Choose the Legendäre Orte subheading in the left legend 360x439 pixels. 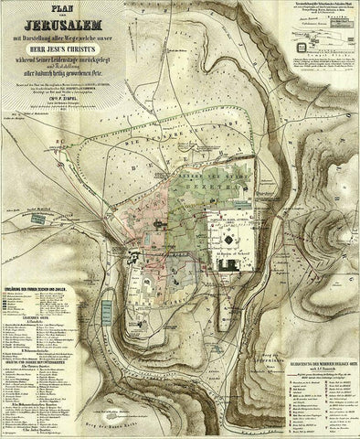point(39,329)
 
